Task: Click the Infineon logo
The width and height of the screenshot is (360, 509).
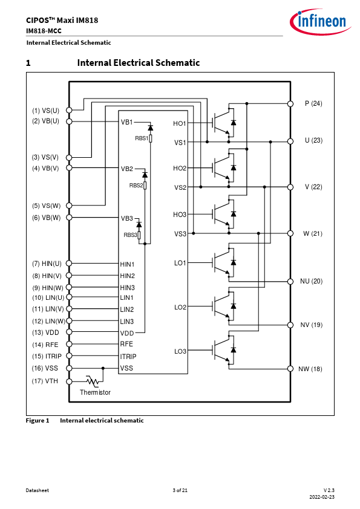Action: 320,21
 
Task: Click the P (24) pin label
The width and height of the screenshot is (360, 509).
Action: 313,103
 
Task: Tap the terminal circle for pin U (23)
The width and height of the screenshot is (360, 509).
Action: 290,141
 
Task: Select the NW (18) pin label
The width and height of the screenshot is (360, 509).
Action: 310,369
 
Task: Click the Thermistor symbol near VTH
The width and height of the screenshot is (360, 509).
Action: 93,381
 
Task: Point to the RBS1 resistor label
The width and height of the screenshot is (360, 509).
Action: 142,138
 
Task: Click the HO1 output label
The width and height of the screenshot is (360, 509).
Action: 179,123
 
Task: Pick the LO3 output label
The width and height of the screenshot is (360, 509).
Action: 180,351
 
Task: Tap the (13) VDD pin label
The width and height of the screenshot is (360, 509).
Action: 45,332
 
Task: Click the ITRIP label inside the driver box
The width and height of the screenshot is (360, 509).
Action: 128,357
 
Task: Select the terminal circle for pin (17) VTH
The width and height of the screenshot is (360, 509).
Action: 69,381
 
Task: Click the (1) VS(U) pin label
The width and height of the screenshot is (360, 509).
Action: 45,111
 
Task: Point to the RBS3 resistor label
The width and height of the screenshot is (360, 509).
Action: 130,235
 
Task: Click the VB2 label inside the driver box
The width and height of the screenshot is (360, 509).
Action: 126,169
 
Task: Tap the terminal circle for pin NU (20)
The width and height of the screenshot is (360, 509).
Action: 290,282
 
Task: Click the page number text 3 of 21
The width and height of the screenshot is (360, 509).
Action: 180,490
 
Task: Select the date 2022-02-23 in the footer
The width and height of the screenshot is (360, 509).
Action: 322,497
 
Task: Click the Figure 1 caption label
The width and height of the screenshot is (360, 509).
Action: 38,420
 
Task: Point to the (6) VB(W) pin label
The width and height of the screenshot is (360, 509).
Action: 46,218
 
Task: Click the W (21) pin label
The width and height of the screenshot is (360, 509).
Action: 313,233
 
